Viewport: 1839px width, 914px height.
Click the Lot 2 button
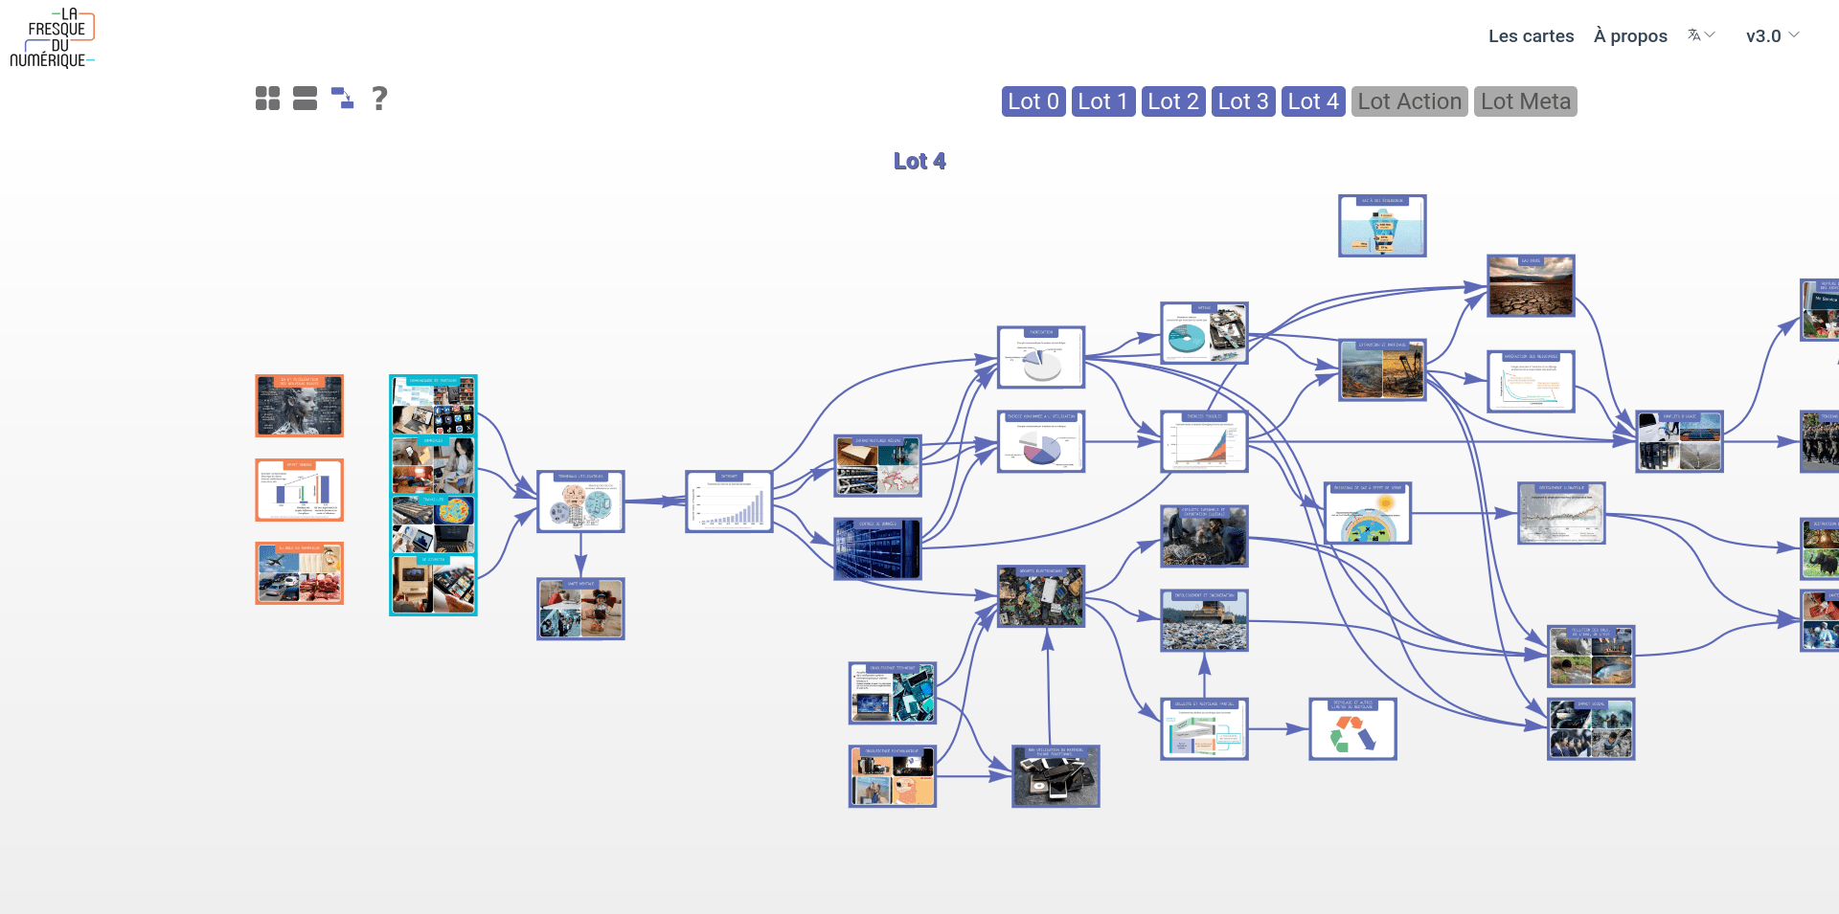(1173, 101)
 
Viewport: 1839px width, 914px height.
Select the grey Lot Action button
(1409, 101)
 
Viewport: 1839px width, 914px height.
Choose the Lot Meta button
(1525, 101)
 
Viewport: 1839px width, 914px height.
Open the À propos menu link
(1630, 36)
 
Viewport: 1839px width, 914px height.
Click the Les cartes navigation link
(1531, 36)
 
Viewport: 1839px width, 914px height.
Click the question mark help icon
(379, 99)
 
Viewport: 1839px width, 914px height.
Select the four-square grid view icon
(267, 99)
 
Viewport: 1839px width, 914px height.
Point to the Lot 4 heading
(919, 162)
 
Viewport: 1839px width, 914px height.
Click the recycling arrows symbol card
(1352, 729)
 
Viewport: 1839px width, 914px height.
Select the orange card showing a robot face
(299, 406)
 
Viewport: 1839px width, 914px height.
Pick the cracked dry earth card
(1531, 286)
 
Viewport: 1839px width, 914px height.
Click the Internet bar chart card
(729, 502)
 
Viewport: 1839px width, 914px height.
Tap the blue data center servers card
(877, 549)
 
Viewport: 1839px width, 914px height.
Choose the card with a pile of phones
(1056, 776)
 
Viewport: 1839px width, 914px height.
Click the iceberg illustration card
(1382, 226)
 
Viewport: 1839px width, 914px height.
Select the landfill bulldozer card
(1204, 621)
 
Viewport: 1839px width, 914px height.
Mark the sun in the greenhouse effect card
(1385, 502)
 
